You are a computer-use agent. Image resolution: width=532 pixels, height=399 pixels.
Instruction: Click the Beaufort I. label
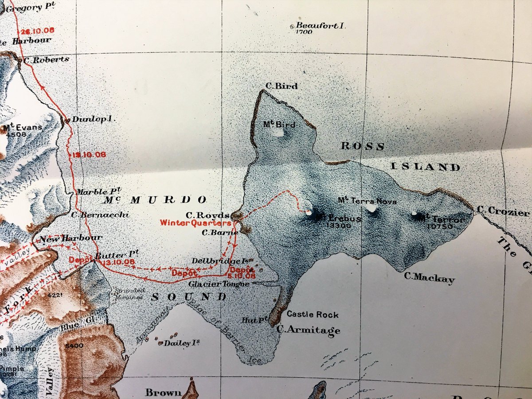[x=320, y=26]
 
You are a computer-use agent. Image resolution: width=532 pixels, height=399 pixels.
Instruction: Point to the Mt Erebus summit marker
[x=317, y=215]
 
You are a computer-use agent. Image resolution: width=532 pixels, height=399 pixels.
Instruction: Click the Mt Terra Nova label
[x=362, y=201]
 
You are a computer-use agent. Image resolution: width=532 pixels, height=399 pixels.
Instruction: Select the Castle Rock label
[x=312, y=314]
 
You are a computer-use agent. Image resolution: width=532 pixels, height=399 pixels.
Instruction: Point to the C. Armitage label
[x=309, y=330]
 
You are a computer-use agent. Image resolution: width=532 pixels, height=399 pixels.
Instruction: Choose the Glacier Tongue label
[x=219, y=284]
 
